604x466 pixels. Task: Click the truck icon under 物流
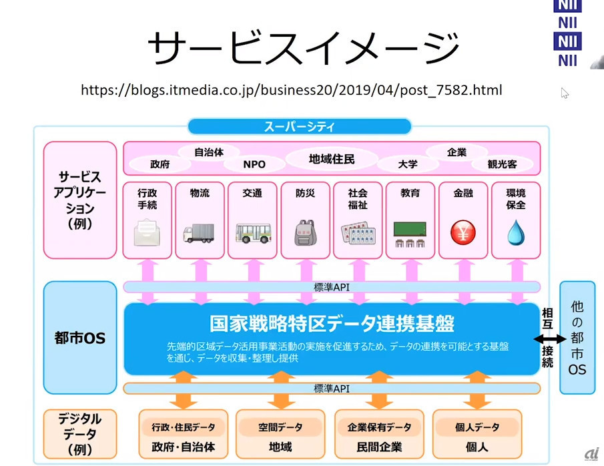point(200,234)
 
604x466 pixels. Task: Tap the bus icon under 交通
point(252,233)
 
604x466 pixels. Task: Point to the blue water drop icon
point(515,233)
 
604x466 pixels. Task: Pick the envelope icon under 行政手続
point(147,234)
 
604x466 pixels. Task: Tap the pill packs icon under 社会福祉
point(357,232)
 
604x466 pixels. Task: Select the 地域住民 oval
point(332,160)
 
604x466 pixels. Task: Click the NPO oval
point(254,164)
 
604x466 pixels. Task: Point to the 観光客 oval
point(503,164)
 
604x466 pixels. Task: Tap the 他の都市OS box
point(577,337)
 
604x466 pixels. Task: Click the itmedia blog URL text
point(291,89)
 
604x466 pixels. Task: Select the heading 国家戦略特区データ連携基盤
point(332,324)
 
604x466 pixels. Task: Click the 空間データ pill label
point(280,427)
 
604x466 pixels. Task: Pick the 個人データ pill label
point(477,427)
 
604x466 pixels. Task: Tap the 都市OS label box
point(80,338)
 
